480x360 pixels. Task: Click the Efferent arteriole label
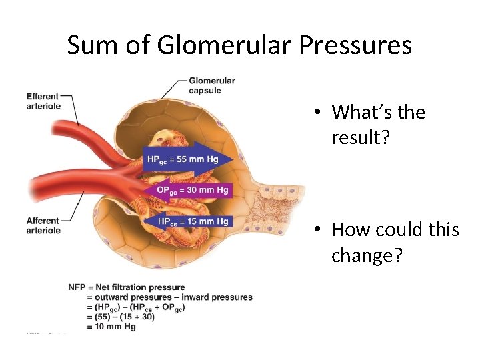[43, 101]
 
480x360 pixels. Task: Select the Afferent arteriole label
[43, 225]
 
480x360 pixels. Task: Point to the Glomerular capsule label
[212, 85]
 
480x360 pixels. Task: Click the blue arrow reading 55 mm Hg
[189, 159]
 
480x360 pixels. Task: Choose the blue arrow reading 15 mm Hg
[189, 221]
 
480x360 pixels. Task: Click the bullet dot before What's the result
[320, 113]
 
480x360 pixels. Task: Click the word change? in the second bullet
[367, 255]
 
